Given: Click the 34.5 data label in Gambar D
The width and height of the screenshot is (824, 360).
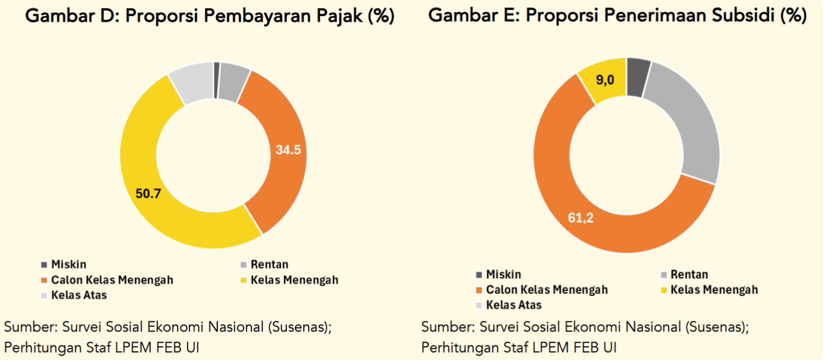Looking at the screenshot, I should click(288, 150).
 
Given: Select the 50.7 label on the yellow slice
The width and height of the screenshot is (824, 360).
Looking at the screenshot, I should click(148, 194).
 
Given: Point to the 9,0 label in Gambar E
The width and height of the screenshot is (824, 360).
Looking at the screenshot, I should click(605, 80).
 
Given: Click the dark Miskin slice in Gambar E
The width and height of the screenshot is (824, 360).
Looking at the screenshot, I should click(638, 76).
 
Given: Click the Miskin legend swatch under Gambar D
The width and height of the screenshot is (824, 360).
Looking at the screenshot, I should click(44, 264).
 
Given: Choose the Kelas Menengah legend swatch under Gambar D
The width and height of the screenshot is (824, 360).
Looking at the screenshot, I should click(243, 279).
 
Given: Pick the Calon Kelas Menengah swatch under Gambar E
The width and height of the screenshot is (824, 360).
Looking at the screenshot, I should click(478, 290).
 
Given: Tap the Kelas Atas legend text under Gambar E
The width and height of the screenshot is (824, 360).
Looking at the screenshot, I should click(514, 305).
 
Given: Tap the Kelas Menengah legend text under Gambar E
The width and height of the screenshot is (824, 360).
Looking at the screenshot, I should click(714, 289).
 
